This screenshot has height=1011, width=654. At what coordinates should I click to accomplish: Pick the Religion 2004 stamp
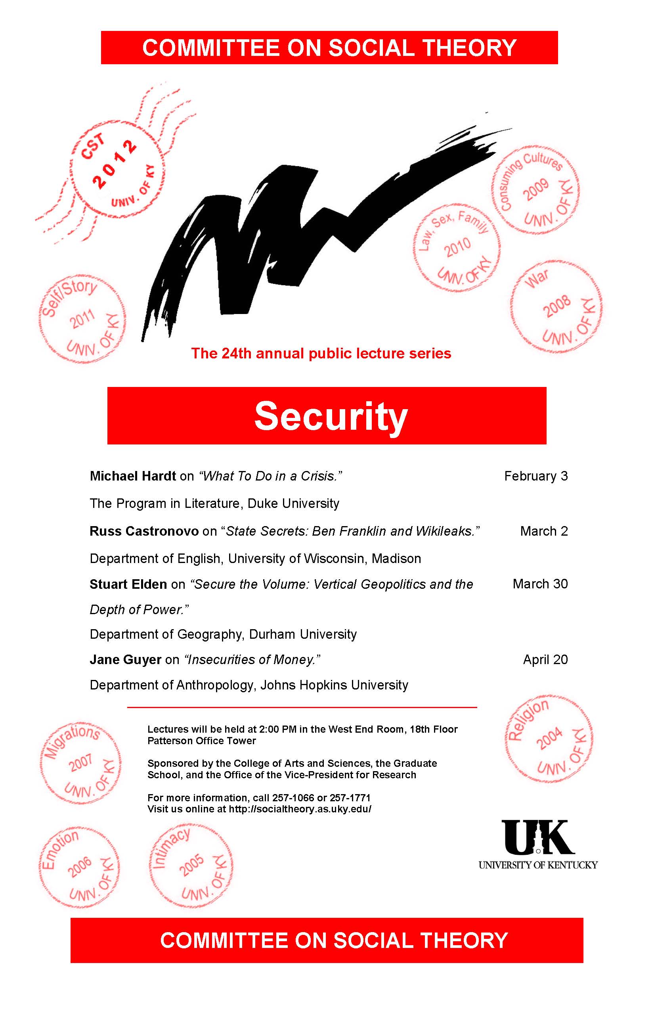(548, 739)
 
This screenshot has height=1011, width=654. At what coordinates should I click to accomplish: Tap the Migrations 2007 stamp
(81, 763)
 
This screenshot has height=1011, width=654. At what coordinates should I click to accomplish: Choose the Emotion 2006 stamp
(79, 867)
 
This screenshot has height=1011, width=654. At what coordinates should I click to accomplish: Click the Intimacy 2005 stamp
(191, 867)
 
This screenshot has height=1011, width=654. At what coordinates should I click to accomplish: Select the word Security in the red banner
(331, 416)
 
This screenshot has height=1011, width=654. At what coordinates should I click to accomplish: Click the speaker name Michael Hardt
(132, 476)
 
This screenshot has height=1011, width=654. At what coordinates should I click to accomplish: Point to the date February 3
(535, 476)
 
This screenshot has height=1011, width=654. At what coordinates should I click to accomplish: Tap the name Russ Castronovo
(144, 531)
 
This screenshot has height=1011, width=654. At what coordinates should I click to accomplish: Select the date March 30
(540, 584)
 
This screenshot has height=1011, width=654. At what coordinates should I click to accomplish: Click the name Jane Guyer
(125, 660)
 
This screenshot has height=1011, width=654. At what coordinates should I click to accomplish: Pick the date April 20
(545, 660)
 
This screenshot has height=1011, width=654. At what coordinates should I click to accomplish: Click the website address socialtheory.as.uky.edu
(300, 809)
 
